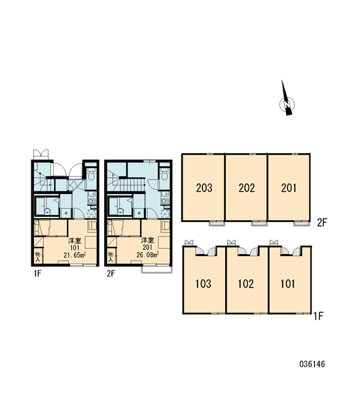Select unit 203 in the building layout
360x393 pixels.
click(204, 187)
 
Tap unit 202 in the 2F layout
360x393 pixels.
click(246, 187)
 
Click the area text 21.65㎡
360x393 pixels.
click(75, 255)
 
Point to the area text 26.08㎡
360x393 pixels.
click(147, 255)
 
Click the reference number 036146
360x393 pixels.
click(312, 364)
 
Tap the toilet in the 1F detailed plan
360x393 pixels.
click(91, 174)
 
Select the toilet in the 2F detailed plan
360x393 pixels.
click(164, 174)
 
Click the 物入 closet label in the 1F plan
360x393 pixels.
click(37, 257)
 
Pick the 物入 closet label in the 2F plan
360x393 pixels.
click(111, 257)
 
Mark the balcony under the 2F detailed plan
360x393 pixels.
click(157, 269)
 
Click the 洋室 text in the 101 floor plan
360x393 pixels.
click(75, 240)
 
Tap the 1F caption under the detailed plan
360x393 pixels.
click(37, 273)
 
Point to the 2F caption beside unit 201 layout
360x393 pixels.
click(322, 223)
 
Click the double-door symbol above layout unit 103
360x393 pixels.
click(189, 242)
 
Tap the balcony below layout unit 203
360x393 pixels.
click(216, 223)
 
